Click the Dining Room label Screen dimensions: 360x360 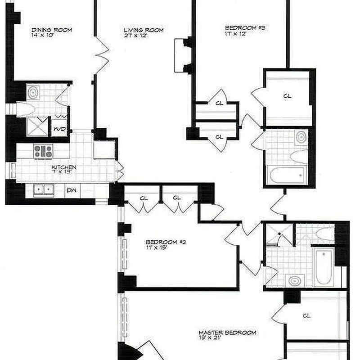pos(52,30)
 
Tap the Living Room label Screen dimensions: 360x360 pos(144,30)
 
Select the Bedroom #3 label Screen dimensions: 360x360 pos(245,27)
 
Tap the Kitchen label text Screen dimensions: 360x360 pos(63,167)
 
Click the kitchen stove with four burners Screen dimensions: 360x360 pos(43,151)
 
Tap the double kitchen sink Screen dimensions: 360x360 pos(43,190)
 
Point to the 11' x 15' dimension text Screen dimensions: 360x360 pos(157,247)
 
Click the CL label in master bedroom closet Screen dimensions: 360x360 pos(307,316)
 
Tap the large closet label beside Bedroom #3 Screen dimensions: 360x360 pos(287,95)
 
